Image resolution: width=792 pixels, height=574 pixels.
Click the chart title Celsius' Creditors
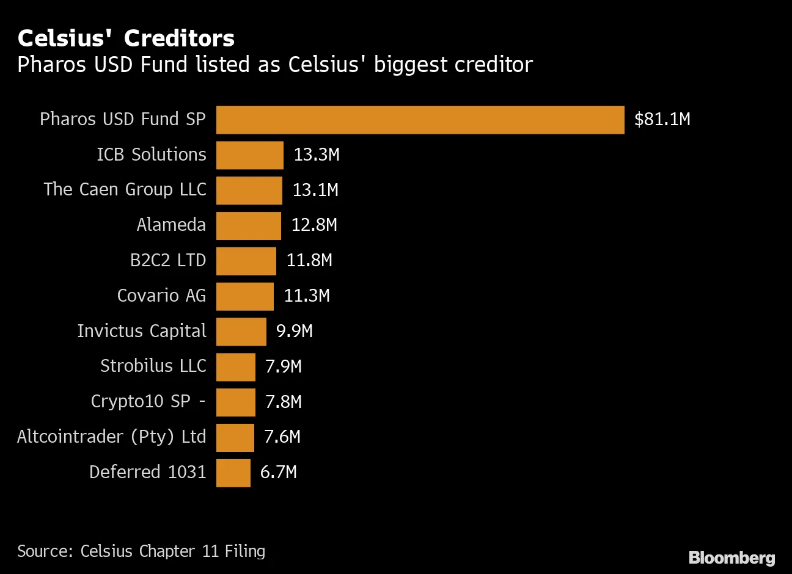point(126,38)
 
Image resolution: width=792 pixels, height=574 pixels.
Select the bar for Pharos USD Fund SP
point(420,120)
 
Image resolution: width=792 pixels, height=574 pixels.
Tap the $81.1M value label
point(662,119)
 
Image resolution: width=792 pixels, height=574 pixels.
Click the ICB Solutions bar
point(249,155)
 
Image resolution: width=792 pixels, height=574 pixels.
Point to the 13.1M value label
point(315,190)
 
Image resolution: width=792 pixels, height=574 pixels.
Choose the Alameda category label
point(171,225)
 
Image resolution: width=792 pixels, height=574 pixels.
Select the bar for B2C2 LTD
point(246,261)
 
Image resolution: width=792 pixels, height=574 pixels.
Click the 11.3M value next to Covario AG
point(307,296)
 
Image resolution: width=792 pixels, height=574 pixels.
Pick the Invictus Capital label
point(142,331)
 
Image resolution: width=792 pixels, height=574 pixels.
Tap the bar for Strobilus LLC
point(235,367)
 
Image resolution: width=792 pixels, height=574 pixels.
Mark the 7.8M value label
point(284,402)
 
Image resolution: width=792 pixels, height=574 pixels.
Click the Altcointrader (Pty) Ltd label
point(112,437)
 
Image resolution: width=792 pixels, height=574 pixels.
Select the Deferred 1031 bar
point(233,473)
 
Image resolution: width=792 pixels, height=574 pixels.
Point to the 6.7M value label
point(279,472)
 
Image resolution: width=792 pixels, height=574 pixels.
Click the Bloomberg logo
point(732,558)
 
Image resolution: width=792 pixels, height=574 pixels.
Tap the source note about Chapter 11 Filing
point(141,551)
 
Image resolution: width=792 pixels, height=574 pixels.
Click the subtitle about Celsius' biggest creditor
point(275,65)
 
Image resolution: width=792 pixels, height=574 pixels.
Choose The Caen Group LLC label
point(125,190)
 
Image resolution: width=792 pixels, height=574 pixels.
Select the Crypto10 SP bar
point(235,402)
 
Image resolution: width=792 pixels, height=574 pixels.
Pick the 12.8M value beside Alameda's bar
point(314,225)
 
